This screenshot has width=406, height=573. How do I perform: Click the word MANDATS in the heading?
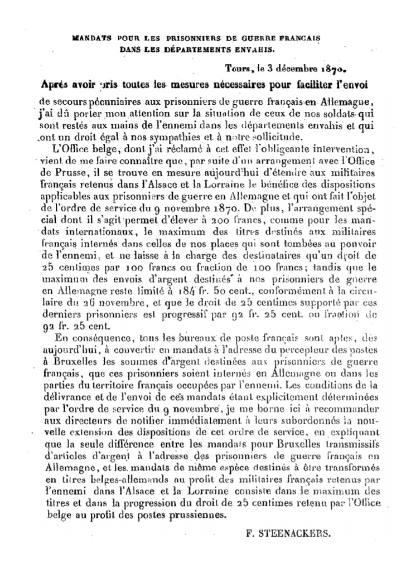90,38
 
